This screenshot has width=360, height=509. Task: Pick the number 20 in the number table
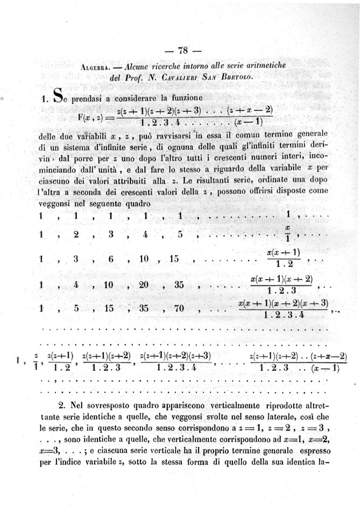point(143,284)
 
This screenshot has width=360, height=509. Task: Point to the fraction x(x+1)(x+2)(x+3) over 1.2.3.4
point(283,309)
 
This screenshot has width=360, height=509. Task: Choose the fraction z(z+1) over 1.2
point(60,361)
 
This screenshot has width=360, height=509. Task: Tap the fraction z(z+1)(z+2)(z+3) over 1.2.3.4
point(175,361)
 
